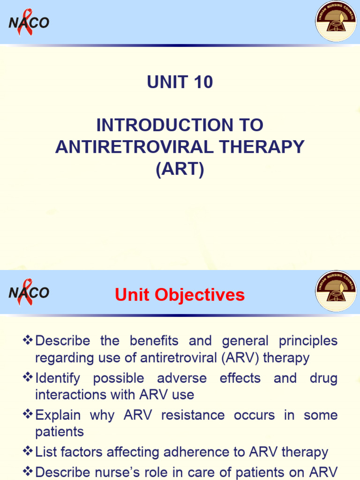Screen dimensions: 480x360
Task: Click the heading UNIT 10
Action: point(180,82)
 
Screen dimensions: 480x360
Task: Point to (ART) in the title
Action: point(180,169)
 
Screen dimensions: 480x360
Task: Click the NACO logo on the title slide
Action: point(29,22)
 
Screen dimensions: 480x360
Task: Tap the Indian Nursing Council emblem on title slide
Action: point(336,22)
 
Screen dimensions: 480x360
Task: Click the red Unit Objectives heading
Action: point(180,295)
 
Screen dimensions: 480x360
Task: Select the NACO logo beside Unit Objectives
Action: point(29,293)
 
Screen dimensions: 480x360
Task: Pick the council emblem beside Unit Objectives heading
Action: point(336,291)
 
